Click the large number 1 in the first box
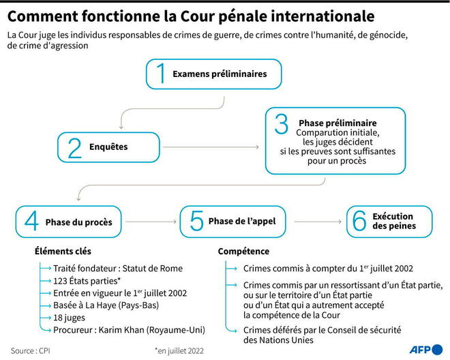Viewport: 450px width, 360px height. click(x=161, y=73)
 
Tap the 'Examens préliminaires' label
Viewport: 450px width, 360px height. click(x=220, y=74)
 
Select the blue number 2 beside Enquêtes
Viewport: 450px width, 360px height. click(x=74, y=148)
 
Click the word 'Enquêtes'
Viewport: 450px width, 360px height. click(x=108, y=147)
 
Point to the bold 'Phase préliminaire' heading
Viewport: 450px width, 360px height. click(x=337, y=123)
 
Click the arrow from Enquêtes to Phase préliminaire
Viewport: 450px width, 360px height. click(x=211, y=147)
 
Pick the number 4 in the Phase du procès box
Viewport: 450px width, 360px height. click(x=31, y=221)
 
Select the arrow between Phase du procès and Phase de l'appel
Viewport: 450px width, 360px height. click(x=151, y=222)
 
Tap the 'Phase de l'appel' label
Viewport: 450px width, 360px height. click(x=242, y=221)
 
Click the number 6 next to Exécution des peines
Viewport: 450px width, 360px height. click(x=359, y=221)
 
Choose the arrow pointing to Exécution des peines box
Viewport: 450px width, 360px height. click(x=318, y=222)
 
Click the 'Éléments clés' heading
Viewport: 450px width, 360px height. click(x=63, y=251)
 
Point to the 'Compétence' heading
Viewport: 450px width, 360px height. click(x=243, y=251)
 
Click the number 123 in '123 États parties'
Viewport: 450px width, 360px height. click(x=60, y=281)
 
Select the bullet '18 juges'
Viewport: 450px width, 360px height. click(x=69, y=318)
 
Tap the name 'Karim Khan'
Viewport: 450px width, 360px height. click(x=121, y=330)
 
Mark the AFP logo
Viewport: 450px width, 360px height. click(x=426, y=350)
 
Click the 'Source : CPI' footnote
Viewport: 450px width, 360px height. click(x=31, y=351)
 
